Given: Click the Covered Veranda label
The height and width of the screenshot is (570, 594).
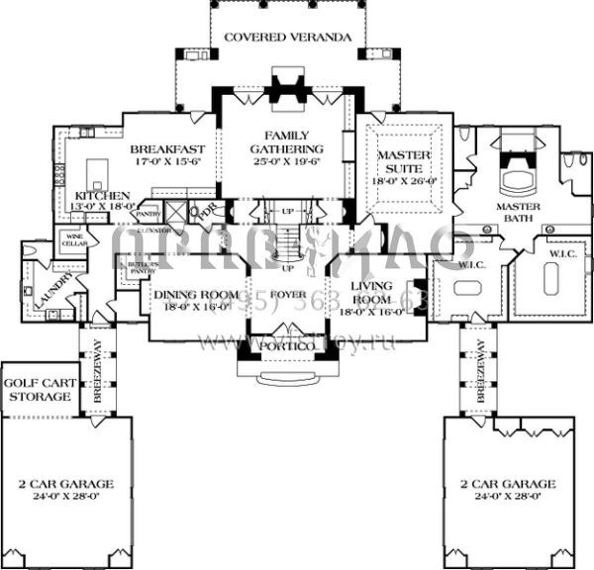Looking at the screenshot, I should tap(288, 38).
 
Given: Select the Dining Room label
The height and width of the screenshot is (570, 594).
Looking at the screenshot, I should tap(195, 295).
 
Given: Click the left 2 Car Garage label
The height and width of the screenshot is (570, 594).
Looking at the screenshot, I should tap(66, 484).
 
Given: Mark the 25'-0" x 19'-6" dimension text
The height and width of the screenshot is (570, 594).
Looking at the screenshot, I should tap(287, 160).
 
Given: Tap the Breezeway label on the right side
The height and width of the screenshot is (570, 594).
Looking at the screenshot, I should tap(479, 368).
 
